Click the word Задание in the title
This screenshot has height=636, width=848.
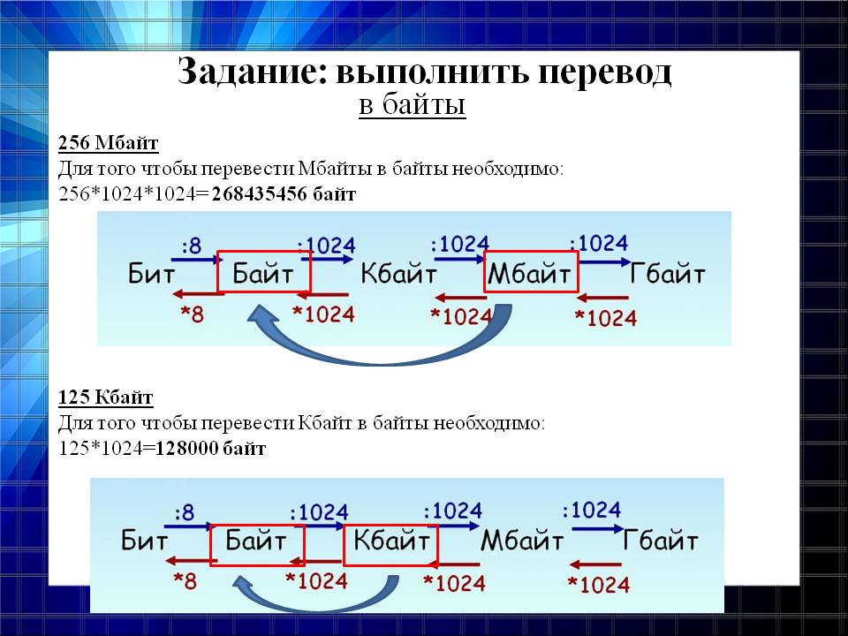point(253,72)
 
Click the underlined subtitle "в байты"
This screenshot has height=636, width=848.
point(413,104)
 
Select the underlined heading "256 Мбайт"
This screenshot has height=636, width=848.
point(108,143)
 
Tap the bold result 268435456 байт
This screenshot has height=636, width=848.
point(284,193)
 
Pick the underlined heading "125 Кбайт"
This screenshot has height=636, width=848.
point(106,397)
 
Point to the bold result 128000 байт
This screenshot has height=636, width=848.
point(211,448)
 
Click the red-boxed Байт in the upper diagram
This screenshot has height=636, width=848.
point(263,272)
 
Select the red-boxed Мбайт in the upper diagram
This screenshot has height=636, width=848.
point(531,272)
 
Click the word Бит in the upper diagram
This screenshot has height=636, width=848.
point(151,274)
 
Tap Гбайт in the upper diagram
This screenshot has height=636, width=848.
point(668,274)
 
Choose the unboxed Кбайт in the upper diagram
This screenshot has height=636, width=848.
point(398,274)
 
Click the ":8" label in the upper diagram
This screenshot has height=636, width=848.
point(192,246)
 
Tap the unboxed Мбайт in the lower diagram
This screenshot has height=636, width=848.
point(522,541)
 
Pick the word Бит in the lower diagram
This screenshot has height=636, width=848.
point(144,541)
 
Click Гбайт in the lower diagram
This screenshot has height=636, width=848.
point(661,541)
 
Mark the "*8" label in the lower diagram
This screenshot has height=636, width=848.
point(185,581)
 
